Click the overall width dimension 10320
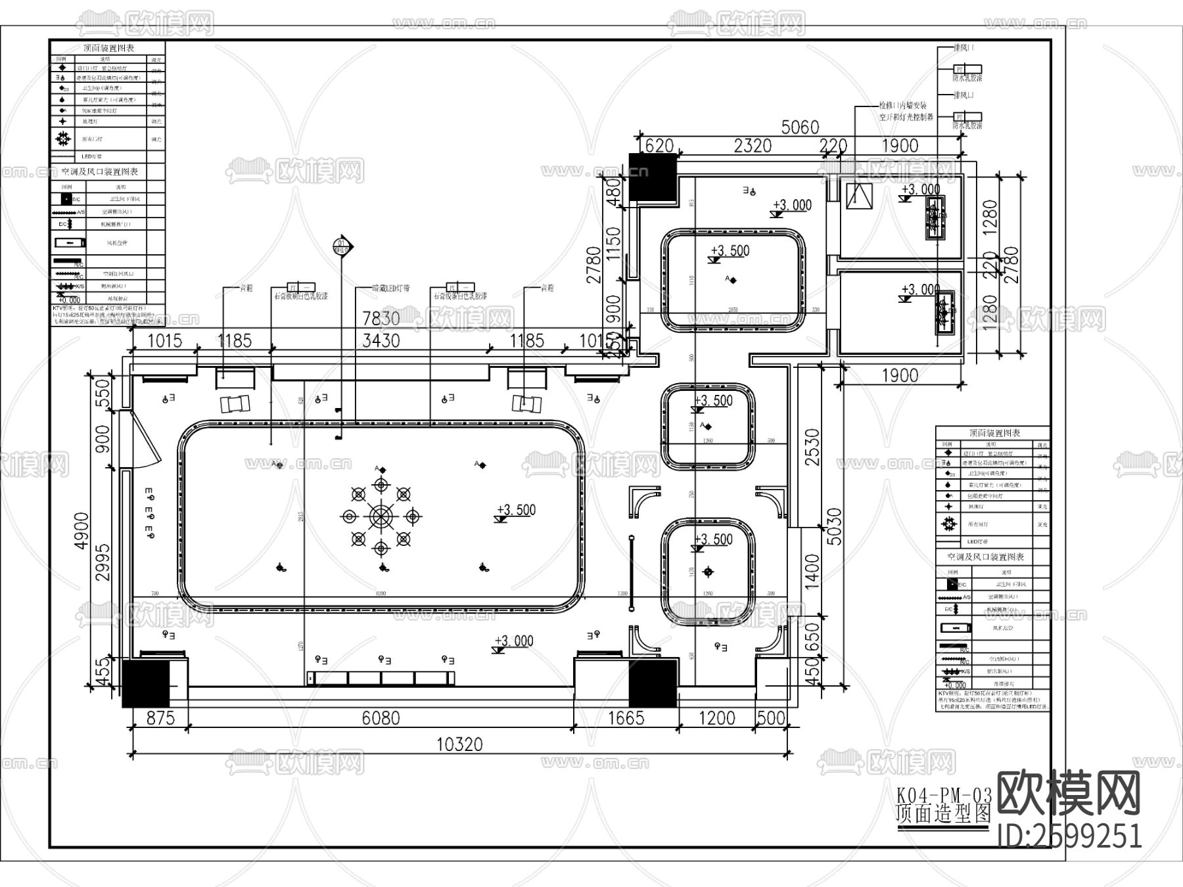pyautogui.click(x=460, y=744)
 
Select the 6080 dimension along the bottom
pyautogui.click(x=381, y=717)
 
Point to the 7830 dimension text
pyautogui.click(x=381, y=318)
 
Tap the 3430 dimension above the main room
pyautogui.click(x=381, y=340)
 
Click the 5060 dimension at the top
pyautogui.click(x=800, y=127)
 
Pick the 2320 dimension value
pyautogui.click(x=753, y=145)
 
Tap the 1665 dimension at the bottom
pyautogui.click(x=626, y=717)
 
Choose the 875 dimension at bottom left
pyautogui.click(x=160, y=717)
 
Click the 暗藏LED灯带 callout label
pyautogui.click(x=391, y=288)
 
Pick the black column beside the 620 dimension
pyautogui.click(x=653, y=176)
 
